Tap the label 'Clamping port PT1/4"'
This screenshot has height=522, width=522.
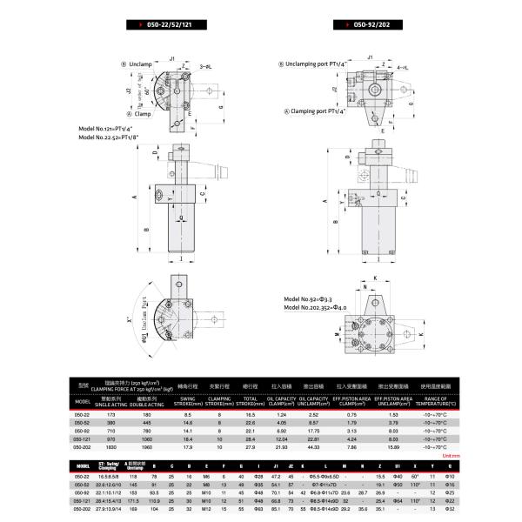click(319, 111)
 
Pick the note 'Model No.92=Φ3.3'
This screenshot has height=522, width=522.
click(313, 298)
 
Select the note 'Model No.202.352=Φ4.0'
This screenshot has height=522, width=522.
click(319, 307)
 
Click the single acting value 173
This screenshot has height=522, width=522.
click(110, 416)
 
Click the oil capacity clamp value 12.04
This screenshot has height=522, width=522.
click(281, 439)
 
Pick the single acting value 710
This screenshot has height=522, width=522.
click(110, 432)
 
